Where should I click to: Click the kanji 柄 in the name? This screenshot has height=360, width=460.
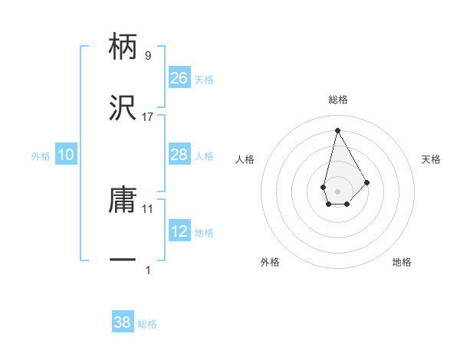click(123, 47)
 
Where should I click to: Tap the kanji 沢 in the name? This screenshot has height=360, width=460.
click(123, 110)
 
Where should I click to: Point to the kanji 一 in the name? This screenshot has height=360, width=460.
click(123, 261)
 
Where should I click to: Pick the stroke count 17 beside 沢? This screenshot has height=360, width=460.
click(148, 117)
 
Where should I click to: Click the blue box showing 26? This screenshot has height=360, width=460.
click(179, 78)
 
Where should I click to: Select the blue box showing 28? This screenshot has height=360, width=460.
click(179, 155)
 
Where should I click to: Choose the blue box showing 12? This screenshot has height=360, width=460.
click(179, 231)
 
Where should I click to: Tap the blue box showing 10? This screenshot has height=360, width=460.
click(66, 155)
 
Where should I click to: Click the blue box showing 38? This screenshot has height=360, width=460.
click(123, 322)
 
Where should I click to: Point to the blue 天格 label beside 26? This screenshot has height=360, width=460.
click(204, 80)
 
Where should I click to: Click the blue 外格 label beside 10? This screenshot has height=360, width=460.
click(41, 156)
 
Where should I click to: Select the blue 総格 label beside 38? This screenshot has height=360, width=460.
click(147, 324)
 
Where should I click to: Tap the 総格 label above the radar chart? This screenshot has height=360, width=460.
click(337, 100)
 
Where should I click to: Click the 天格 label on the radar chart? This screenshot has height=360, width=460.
click(431, 159)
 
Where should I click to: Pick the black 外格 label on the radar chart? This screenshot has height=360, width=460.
click(270, 262)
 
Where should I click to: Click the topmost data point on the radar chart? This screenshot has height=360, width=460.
click(337, 130)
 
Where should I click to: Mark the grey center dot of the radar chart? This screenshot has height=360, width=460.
click(337, 190)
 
